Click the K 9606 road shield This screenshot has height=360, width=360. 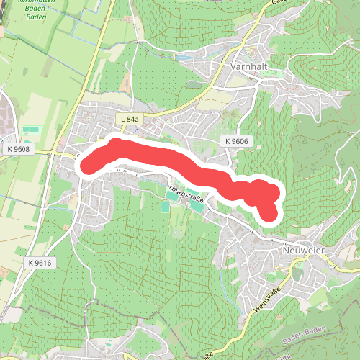235,141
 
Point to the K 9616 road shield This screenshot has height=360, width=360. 41,263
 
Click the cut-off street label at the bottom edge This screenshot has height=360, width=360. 209,355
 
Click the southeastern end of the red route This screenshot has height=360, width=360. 269,214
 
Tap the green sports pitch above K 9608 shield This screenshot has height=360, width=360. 31,130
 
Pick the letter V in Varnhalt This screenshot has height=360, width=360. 234,66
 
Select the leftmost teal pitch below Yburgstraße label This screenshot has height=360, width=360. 166,207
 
